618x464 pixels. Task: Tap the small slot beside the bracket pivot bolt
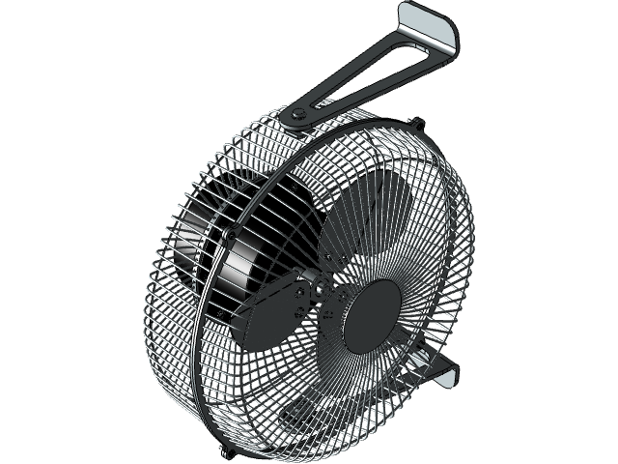pyautogui.click(x=321, y=101)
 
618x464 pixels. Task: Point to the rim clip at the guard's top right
pyautogui.click(x=417, y=124)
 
